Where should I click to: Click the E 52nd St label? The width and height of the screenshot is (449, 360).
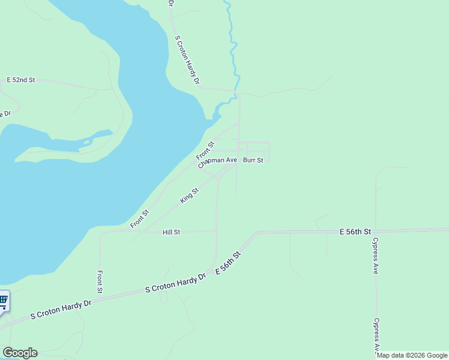click(21, 80)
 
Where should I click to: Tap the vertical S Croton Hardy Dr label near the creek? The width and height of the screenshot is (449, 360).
click(187, 59)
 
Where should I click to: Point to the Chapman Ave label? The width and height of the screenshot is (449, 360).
click(217, 161)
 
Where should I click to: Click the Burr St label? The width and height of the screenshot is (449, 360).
click(253, 161)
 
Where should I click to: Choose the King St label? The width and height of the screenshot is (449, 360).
click(189, 196)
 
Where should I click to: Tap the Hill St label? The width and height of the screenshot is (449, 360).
click(171, 232)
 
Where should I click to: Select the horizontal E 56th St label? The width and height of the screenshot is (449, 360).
click(355, 231)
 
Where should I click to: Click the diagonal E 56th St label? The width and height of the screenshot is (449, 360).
click(228, 263)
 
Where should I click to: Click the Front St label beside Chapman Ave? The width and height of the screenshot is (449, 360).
click(205, 151)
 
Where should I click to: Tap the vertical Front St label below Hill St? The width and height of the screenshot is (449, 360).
click(100, 282)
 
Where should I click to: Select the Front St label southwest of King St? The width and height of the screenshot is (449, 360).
click(140, 219)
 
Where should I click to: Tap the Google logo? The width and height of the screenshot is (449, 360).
click(20, 353)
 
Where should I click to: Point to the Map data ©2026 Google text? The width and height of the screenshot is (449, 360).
click(412, 355)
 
